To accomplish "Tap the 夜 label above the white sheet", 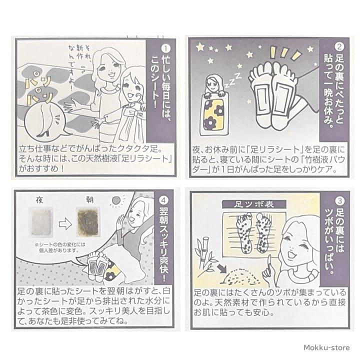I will (40, 198).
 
